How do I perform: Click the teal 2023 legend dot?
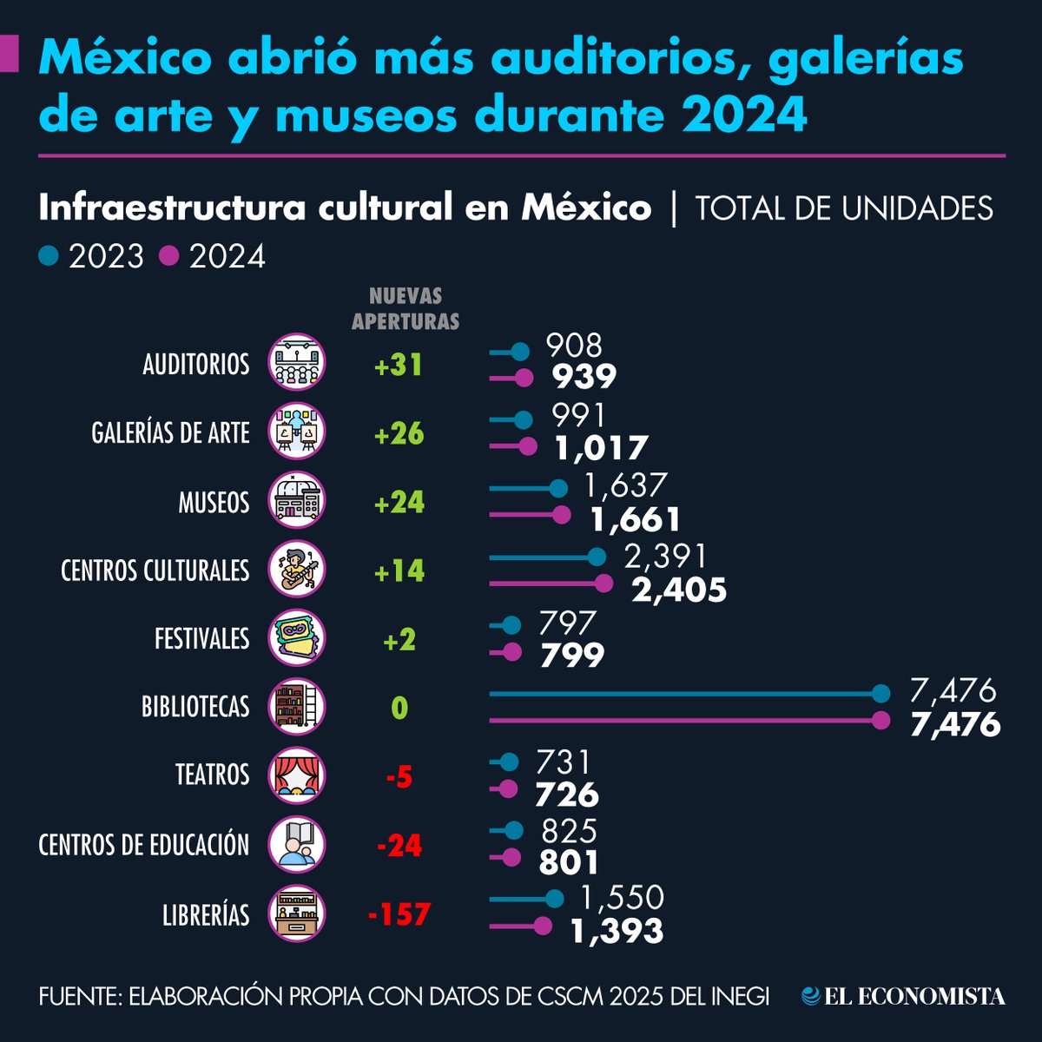(x=49, y=255)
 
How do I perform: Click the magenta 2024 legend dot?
(x=170, y=255)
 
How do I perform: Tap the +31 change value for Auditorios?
(x=399, y=365)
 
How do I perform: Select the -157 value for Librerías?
(x=399, y=914)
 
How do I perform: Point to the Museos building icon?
(x=297, y=501)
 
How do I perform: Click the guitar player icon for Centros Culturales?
(x=297, y=570)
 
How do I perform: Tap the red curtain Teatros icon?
(x=297, y=775)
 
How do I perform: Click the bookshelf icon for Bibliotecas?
(x=297, y=706)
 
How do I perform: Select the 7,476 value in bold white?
(x=955, y=724)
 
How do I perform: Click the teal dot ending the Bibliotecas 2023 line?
(x=881, y=693)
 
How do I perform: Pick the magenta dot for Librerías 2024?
(x=543, y=927)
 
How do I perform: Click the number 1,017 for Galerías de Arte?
(x=602, y=448)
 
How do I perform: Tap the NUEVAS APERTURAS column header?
(x=405, y=308)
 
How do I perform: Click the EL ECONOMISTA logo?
(x=903, y=996)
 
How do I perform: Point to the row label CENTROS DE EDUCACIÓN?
(x=144, y=845)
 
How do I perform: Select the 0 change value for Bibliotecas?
(x=399, y=709)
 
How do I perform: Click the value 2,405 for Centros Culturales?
(x=679, y=590)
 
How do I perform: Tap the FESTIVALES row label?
(x=201, y=639)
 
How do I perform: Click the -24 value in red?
(x=399, y=845)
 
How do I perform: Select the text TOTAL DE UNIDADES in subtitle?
(x=844, y=208)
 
